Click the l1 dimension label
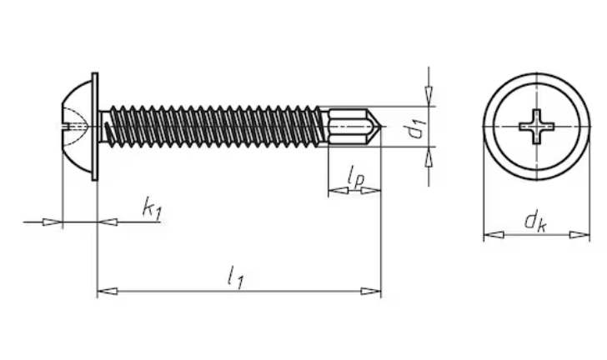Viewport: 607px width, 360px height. coord(235,277)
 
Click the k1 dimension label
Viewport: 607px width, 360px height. coord(152,209)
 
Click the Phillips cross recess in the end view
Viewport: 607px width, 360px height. coord(537,127)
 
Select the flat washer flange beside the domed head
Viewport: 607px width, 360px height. coord(95,127)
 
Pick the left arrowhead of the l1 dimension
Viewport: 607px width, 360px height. coord(108,291)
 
